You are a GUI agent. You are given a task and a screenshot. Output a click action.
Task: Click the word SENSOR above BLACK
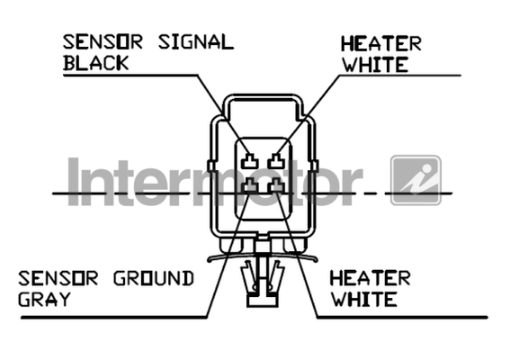pos(103,42)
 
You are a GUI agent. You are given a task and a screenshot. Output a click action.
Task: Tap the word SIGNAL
pos(196,42)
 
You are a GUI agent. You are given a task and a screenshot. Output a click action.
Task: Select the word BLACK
pos(96,63)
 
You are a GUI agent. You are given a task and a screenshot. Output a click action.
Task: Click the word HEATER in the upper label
pos(380,44)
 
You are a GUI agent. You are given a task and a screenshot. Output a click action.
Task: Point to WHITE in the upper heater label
pos(375,65)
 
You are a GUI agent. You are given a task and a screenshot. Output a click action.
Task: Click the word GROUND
pos(154,279)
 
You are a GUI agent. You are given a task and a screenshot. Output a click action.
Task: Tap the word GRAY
pos(44,299)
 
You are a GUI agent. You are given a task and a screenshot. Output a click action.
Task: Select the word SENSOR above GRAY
pos(58,279)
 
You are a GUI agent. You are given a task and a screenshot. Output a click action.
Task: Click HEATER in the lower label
pos(370,279)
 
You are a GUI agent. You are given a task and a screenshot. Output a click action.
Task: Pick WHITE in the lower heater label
pos(364,299)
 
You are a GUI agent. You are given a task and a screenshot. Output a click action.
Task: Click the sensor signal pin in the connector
pos(249,161)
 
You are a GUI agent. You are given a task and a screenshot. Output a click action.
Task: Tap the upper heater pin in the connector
pos(277,161)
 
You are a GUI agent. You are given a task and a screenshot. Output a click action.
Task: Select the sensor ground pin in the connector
pos(249,185)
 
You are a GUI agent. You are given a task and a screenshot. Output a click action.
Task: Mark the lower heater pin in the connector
pos(277,185)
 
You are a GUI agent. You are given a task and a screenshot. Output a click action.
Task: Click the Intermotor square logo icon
pos(416,180)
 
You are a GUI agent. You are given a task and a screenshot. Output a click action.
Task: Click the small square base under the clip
pos(262,300)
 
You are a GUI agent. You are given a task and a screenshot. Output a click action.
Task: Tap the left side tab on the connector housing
pos(211,166)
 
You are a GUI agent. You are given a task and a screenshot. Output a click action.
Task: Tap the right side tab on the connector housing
pos(315,166)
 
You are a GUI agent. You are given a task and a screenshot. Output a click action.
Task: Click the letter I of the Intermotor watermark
pos(74,182)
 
